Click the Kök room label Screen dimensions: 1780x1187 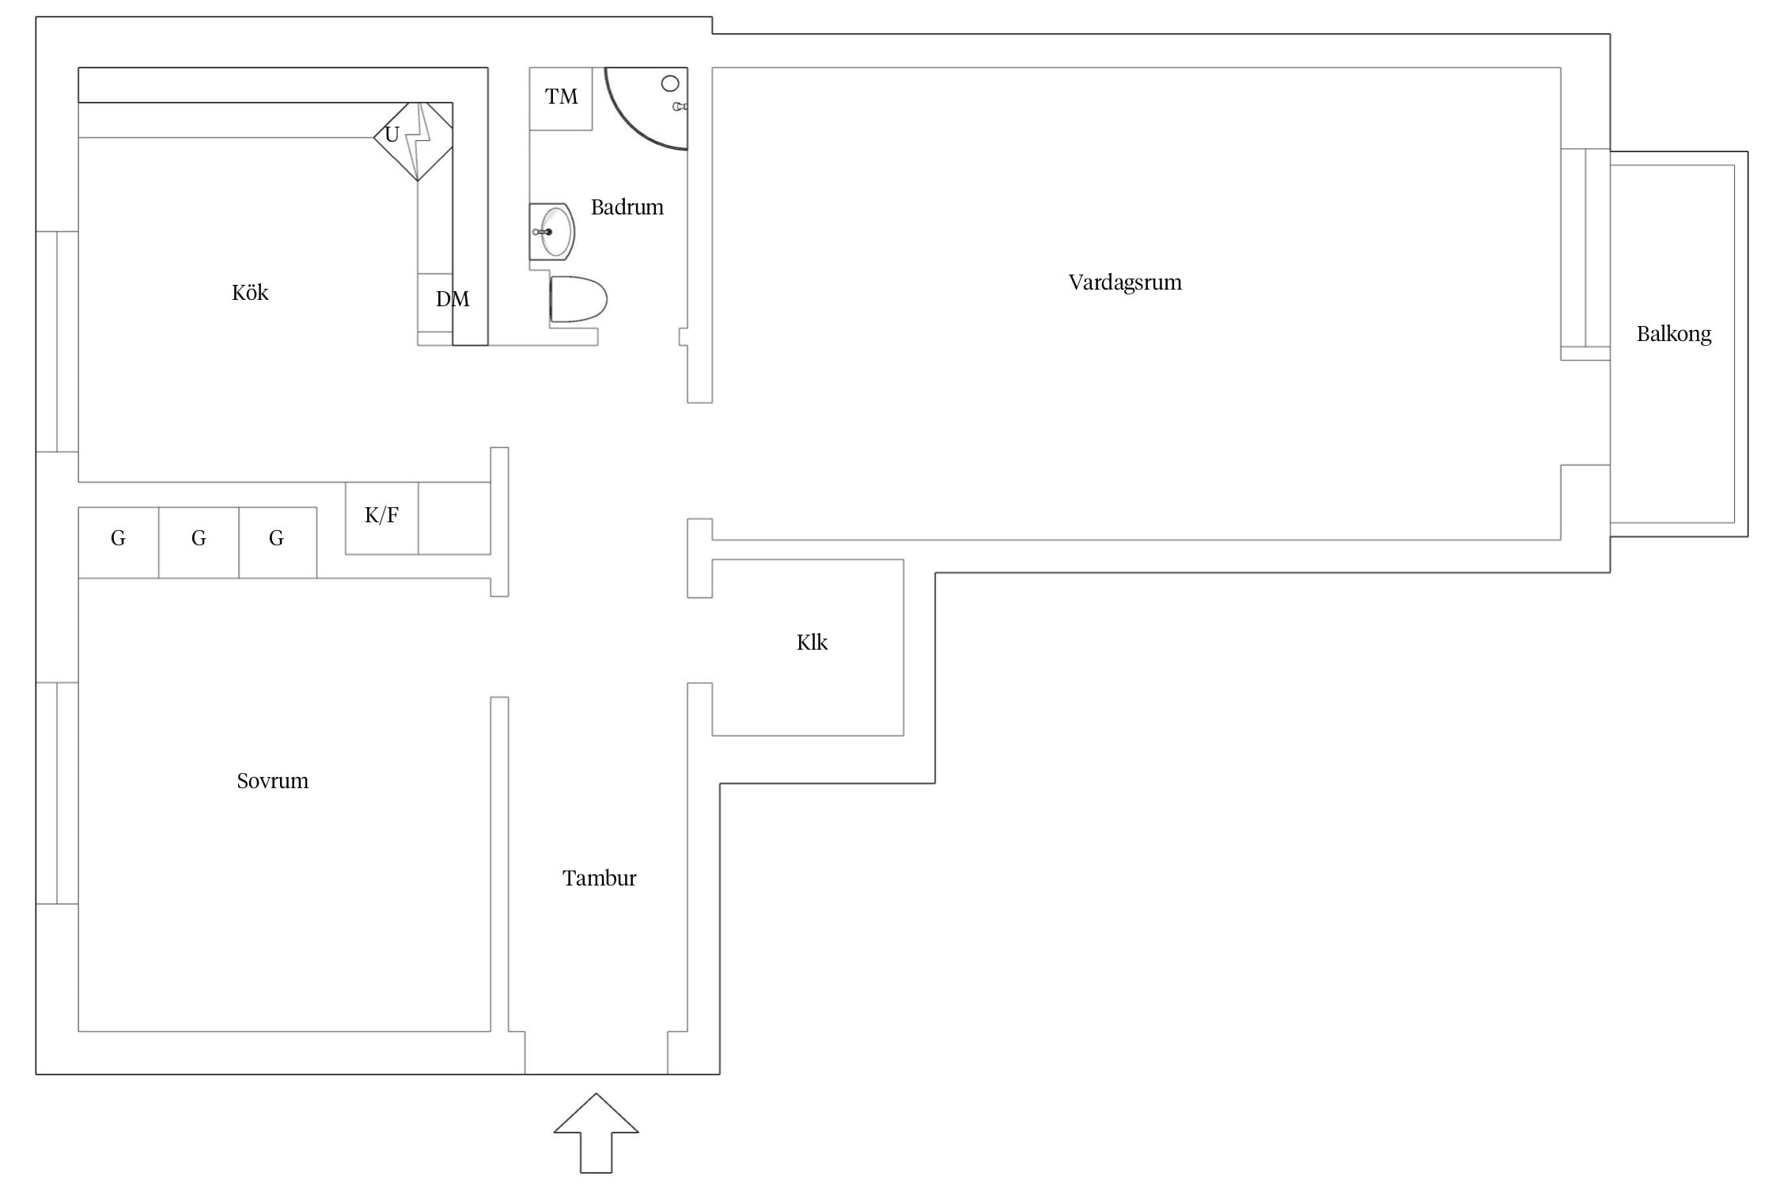click(250, 293)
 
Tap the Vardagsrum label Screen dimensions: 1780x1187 click(1125, 283)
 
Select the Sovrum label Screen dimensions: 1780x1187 click(272, 781)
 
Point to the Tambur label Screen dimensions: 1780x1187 click(599, 878)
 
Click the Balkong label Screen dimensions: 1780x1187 click(1674, 334)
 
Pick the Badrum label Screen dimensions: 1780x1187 click(627, 207)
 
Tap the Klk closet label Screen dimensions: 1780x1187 click(812, 642)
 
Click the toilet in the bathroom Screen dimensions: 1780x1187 click(578, 299)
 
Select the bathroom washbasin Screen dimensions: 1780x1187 click(551, 232)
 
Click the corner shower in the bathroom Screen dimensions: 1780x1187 click(646, 108)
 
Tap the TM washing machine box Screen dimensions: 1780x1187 click(561, 99)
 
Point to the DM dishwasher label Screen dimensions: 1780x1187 click(453, 299)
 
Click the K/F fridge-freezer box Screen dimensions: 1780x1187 click(381, 518)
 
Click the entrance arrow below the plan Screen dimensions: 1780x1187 click(596, 1133)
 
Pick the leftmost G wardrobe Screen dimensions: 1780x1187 click(119, 543)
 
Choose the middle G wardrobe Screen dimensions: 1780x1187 click(199, 543)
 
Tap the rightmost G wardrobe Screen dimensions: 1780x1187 click(278, 543)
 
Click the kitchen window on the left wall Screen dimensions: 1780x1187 click(57, 342)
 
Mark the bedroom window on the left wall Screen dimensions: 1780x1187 click(57, 793)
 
